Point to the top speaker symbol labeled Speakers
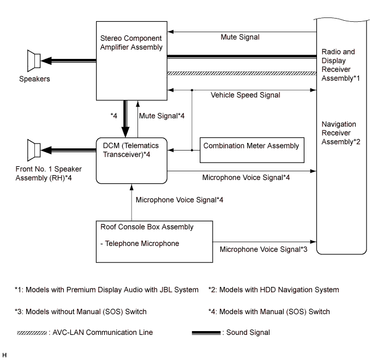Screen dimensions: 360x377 [34, 60]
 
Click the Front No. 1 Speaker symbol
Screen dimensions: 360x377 [34, 148]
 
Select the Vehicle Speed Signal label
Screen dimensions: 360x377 [246, 95]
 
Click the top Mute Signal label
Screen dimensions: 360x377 [240, 38]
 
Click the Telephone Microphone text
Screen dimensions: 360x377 [140, 244]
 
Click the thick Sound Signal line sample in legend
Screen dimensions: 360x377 [206, 333]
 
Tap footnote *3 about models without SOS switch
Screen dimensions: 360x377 [80, 311]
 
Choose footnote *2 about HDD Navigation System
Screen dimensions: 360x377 [273, 290]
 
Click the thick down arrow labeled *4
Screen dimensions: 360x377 [126, 118]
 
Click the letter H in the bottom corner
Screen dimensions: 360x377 [4, 355]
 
